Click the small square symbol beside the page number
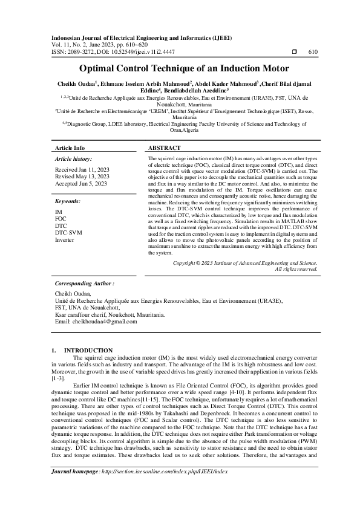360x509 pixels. point(294,52)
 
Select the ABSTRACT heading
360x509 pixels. point(164,148)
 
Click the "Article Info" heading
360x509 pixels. point(70,148)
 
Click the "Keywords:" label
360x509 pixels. point(67,200)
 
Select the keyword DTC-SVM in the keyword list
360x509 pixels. point(68,232)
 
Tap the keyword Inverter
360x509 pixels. point(65,239)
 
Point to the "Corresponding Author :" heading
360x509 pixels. point(84,283)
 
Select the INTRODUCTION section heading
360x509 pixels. point(88,350)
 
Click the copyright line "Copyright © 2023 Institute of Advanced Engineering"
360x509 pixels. point(244,263)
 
